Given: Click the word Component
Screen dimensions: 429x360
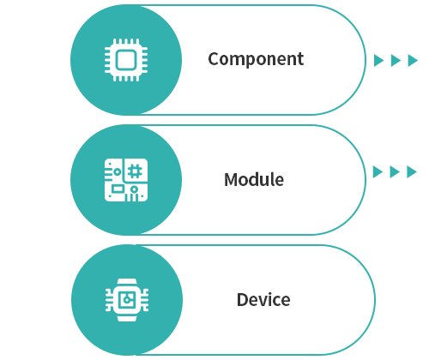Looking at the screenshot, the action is coord(256,59).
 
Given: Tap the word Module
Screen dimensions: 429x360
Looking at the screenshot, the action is coord(254,179).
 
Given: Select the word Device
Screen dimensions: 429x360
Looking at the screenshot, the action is coord(263,300).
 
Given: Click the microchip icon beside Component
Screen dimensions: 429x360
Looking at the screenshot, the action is coord(126,60).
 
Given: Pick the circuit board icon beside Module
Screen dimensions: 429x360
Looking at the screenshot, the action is coord(126,180).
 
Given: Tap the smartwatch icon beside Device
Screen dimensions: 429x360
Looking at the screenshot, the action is coord(127,300).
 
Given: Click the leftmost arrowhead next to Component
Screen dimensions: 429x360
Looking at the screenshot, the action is coord(378,61).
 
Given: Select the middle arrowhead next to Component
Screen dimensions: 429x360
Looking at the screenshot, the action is coord(396,61).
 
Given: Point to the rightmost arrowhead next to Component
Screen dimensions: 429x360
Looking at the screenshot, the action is coord(413,61).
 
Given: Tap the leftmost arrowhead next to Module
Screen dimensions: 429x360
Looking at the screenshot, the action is coord(378,172).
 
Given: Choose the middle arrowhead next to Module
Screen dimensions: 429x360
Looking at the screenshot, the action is coord(395,172).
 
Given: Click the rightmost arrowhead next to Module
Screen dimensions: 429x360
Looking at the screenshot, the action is coord(412,172).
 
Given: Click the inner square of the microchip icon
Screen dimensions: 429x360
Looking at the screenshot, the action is coord(126,60).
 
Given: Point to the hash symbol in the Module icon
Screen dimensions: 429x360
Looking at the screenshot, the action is coord(135,171).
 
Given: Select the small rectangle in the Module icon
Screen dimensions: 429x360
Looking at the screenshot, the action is coord(118,189).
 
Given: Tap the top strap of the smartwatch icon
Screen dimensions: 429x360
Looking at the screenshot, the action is coord(127,282).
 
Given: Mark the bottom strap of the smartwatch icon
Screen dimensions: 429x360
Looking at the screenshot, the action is coord(127,318).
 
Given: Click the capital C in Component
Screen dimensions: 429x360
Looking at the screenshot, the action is coord(214,59).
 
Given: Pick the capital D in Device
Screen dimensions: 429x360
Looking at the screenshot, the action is coord(242,300).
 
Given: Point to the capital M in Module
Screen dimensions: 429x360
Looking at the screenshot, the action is coord(231,180).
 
